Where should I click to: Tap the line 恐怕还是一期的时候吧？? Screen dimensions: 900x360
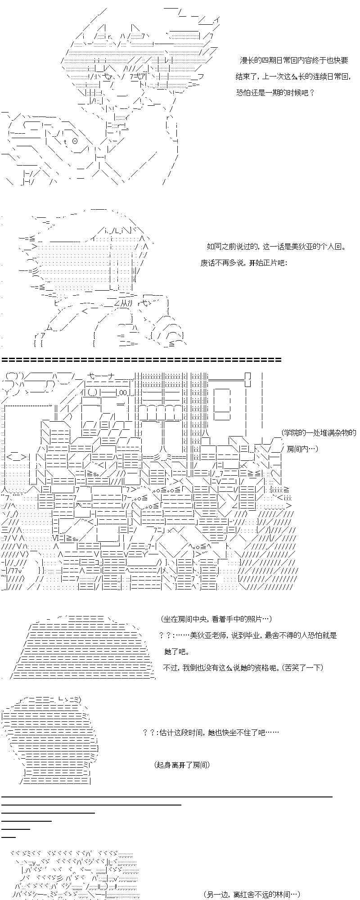click(275, 93)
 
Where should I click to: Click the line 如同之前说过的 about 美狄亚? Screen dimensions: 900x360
click(277, 247)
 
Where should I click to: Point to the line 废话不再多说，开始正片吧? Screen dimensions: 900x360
click(243, 263)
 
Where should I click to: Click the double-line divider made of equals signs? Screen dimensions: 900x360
click(142, 360)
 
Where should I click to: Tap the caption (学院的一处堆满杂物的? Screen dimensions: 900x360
click(319, 433)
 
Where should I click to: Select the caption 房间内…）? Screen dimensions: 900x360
click(302, 449)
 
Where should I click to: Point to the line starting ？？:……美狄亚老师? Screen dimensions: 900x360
click(248, 635)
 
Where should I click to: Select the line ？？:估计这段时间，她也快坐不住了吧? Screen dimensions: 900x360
click(211, 733)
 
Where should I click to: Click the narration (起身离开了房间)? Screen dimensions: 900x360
click(182, 765)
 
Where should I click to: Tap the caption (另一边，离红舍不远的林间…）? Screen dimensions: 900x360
click(251, 895)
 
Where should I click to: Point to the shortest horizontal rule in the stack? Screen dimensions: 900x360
click(9, 837)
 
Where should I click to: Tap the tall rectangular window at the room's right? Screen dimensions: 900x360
click(222, 405)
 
